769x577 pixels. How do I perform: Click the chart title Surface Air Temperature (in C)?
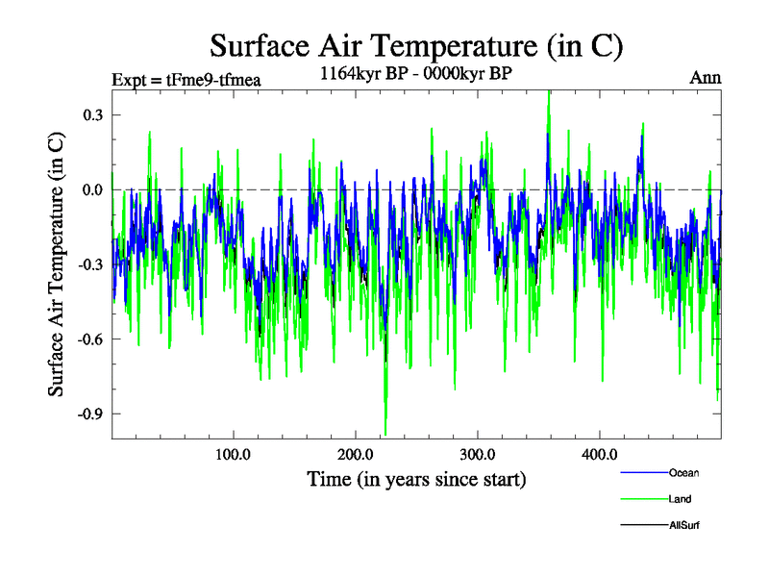click(416, 45)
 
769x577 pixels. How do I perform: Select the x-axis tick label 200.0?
click(356, 454)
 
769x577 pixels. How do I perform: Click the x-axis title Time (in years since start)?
click(416, 478)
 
